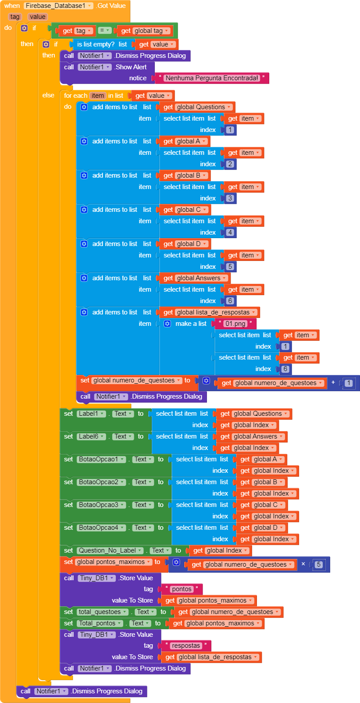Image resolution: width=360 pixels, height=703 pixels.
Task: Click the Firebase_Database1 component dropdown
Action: [58, 6]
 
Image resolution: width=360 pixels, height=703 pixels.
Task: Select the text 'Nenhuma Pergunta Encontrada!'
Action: [212, 78]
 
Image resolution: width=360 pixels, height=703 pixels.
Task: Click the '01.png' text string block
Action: [235, 324]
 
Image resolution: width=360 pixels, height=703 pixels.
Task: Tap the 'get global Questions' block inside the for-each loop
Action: [197, 107]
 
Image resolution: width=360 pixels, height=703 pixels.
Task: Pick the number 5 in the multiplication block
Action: [319, 564]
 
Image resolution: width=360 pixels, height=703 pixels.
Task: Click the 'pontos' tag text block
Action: [182, 589]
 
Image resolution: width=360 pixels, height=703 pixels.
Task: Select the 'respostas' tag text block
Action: [186, 646]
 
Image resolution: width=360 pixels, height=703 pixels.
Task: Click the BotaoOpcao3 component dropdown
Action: [101, 505]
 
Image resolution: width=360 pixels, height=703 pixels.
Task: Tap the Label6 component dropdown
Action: [92, 436]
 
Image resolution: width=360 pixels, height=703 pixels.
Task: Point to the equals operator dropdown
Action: [104, 30]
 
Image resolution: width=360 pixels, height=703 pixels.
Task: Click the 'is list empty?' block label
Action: [96, 44]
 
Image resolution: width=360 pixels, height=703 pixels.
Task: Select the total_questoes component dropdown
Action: [103, 612]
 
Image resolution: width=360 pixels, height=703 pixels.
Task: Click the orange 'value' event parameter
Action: [38, 17]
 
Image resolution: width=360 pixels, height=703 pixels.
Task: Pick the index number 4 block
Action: [230, 232]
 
